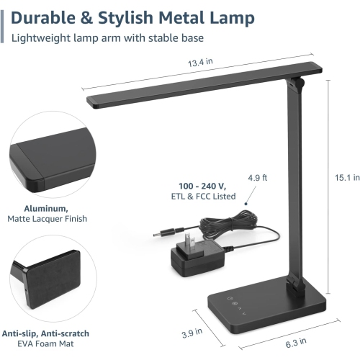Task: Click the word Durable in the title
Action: point(46,17)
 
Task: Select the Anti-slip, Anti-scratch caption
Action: point(46,333)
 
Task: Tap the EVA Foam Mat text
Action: point(46,345)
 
